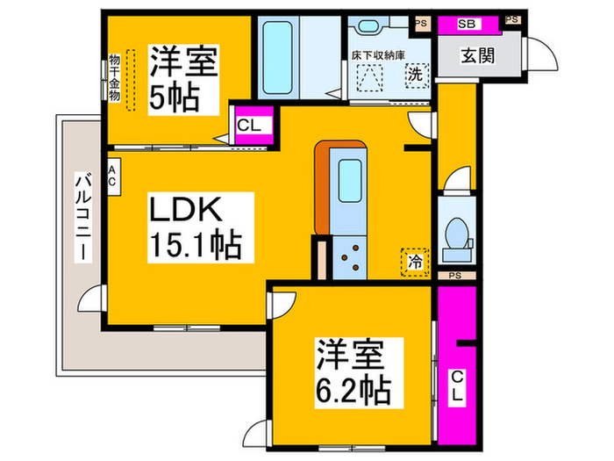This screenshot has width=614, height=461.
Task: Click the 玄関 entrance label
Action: (478, 55)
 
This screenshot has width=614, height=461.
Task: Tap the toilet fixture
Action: (456, 234)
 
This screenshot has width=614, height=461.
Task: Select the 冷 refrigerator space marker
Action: (414, 260)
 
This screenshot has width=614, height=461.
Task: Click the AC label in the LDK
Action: (113, 175)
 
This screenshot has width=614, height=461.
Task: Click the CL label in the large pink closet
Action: (456, 387)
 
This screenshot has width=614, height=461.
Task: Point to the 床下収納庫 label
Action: (378, 54)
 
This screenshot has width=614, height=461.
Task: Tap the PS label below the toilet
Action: (454, 276)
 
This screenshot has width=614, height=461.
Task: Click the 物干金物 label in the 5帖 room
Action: (114, 78)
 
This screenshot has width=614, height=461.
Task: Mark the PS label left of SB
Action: (421, 24)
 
